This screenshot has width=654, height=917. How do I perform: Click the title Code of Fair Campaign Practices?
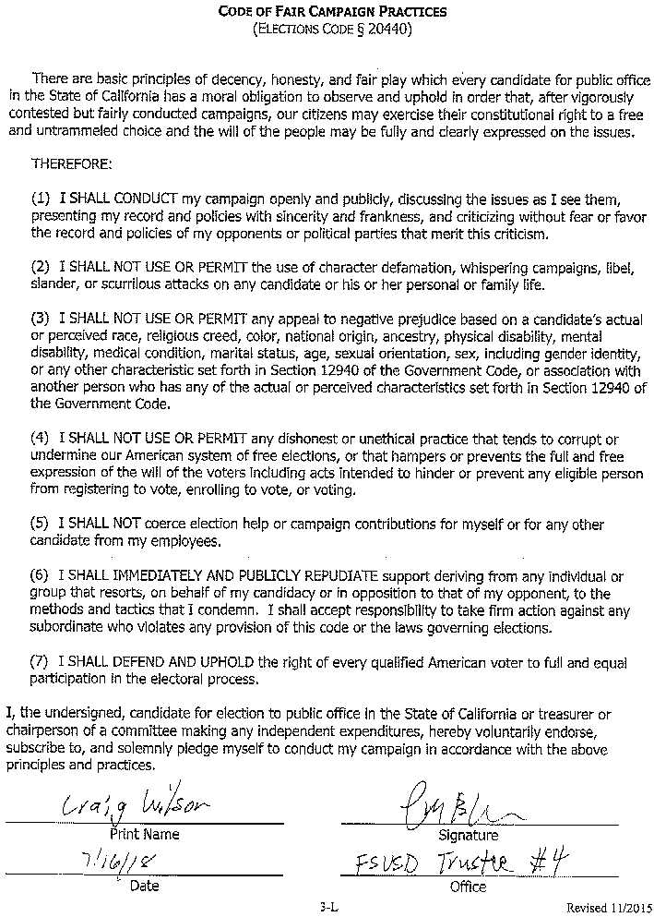332,12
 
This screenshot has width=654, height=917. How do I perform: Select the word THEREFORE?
72,163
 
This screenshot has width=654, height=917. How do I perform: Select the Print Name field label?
145,834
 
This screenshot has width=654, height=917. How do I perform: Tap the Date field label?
145,886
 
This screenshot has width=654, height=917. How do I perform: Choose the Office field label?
468,887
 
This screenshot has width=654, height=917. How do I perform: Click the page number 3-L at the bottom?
329,907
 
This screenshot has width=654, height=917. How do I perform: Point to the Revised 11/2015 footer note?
608,907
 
